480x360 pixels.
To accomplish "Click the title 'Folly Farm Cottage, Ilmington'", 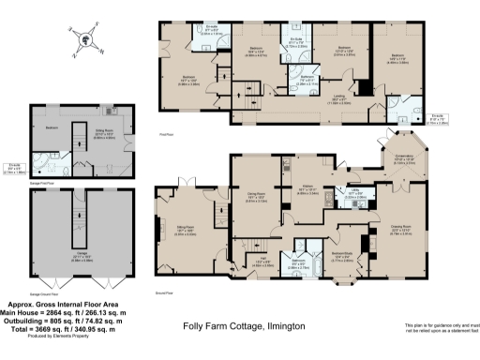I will pos(239,327).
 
